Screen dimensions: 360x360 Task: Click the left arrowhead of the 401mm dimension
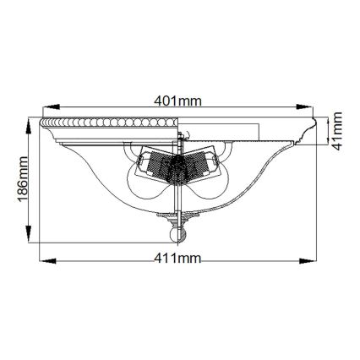47,108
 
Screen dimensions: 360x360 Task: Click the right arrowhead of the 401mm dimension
311,108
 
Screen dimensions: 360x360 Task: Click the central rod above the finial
177,203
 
